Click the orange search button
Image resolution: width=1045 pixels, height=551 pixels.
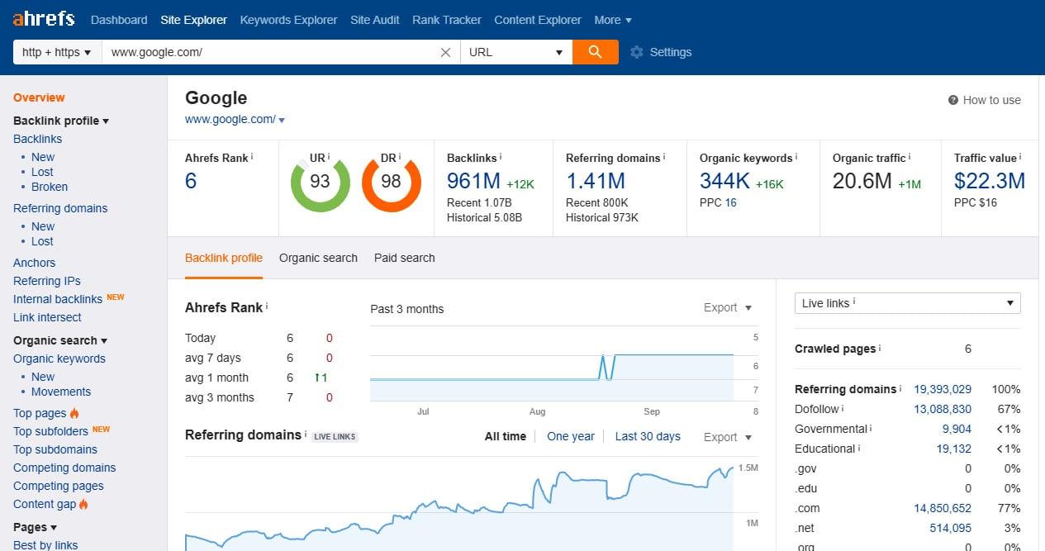coord(595,52)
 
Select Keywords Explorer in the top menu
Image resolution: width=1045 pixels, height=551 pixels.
coord(288,20)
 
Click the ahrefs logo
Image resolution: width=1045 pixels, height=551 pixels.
coord(44,18)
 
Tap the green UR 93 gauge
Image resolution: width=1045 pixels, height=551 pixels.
coord(320,182)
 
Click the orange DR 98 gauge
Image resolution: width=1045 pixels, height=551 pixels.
coord(391,182)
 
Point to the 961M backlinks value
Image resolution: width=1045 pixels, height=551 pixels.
coord(473,181)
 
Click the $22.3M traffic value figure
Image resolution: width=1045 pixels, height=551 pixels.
coord(989,181)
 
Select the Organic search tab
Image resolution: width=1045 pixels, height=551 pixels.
coord(318,258)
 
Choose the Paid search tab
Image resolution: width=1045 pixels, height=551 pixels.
coord(404,258)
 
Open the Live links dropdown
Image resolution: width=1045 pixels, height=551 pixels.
coord(907,303)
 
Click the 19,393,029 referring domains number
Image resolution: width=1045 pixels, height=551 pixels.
coord(942,389)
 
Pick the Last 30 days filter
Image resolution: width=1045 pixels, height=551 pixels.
coord(648,436)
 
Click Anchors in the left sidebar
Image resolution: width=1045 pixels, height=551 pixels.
coord(35,263)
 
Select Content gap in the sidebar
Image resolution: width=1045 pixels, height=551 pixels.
coord(45,504)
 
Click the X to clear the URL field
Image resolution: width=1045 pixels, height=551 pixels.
coord(445,52)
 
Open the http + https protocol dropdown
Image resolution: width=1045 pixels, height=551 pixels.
coord(57,52)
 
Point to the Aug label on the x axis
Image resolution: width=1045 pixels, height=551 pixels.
coord(538,411)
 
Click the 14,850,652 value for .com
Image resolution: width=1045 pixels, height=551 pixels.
coord(942,508)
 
